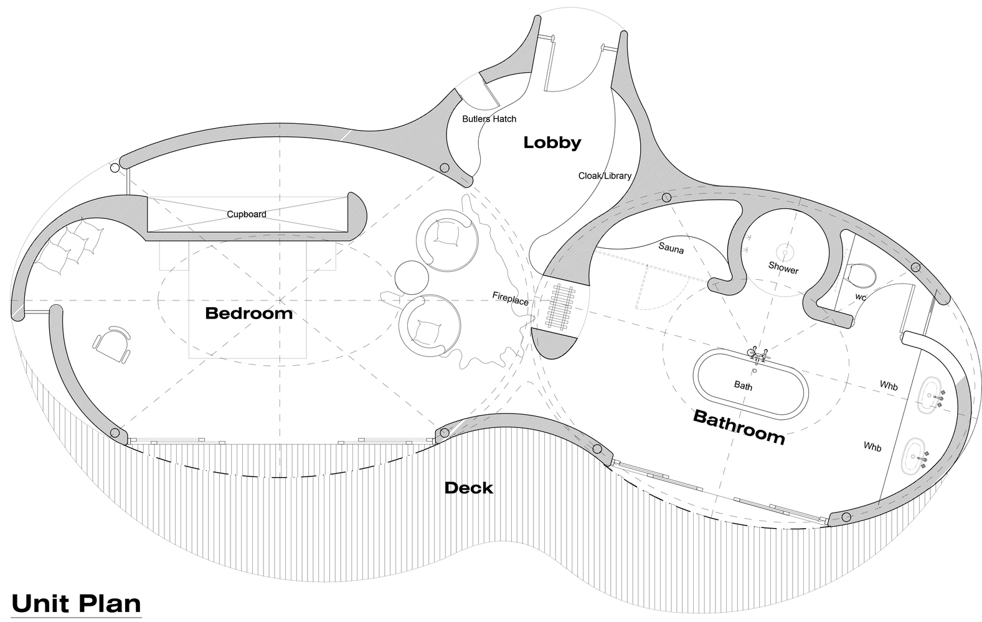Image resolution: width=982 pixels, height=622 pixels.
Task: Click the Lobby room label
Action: point(552,143)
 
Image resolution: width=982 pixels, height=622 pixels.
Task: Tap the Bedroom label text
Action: point(248,313)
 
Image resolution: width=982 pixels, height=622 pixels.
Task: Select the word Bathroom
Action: point(739,427)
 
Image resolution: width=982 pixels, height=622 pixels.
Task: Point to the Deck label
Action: point(469,488)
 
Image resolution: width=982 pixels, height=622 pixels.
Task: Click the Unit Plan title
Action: point(76,604)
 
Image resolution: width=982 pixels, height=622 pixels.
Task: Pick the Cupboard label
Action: point(247,214)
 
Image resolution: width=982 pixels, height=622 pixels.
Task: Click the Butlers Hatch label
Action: point(489,119)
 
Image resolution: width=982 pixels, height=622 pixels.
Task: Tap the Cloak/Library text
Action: point(605,175)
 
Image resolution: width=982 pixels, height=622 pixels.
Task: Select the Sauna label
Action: point(671,248)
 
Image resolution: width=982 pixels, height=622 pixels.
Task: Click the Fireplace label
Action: point(510,299)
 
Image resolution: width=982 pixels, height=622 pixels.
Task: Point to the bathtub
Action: point(750,383)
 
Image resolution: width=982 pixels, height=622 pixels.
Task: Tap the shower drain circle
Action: point(785,253)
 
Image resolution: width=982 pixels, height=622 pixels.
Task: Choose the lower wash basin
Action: point(913,456)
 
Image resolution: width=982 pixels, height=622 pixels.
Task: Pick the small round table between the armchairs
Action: point(411,277)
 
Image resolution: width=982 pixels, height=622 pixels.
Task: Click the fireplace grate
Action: point(558,306)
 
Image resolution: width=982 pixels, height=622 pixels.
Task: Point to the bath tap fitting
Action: point(758,355)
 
